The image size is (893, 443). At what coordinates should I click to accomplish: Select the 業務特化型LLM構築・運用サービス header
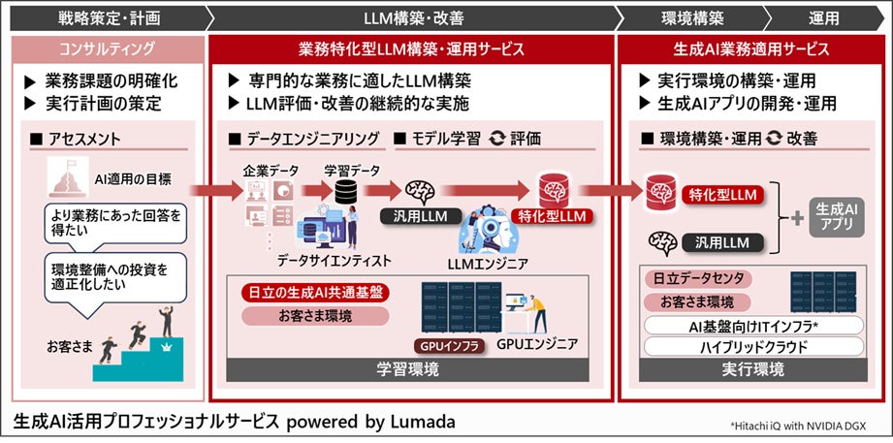[411, 48]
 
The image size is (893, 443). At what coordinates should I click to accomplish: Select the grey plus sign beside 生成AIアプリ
[798, 217]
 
